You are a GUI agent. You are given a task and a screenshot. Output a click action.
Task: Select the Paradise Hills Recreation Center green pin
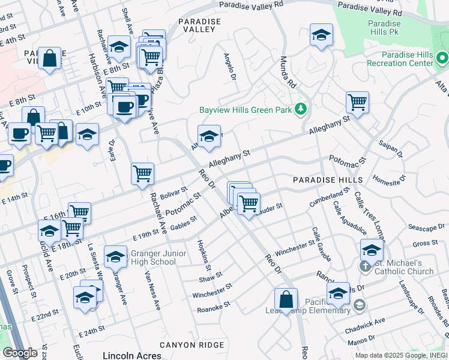(x=442, y=58)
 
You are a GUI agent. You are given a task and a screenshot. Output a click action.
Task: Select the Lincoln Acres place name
(x=132, y=355)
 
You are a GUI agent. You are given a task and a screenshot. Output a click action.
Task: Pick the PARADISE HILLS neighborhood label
(x=327, y=180)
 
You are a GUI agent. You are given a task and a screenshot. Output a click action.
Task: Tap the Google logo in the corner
(x=19, y=353)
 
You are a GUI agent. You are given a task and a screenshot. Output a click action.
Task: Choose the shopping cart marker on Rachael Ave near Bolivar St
(x=143, y=174)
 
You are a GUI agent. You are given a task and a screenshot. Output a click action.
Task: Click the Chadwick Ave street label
(x=365, y=326)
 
